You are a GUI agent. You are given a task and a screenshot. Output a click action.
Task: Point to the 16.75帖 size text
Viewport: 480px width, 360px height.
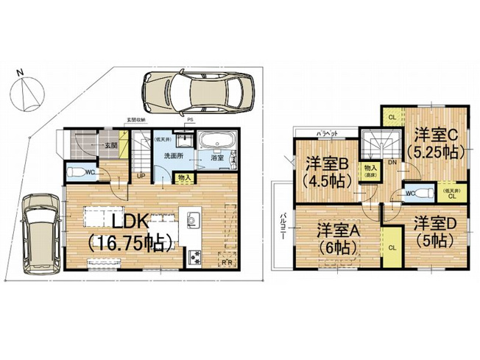pos(130,241)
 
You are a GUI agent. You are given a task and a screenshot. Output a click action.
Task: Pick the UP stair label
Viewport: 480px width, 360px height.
pos(140,177)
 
